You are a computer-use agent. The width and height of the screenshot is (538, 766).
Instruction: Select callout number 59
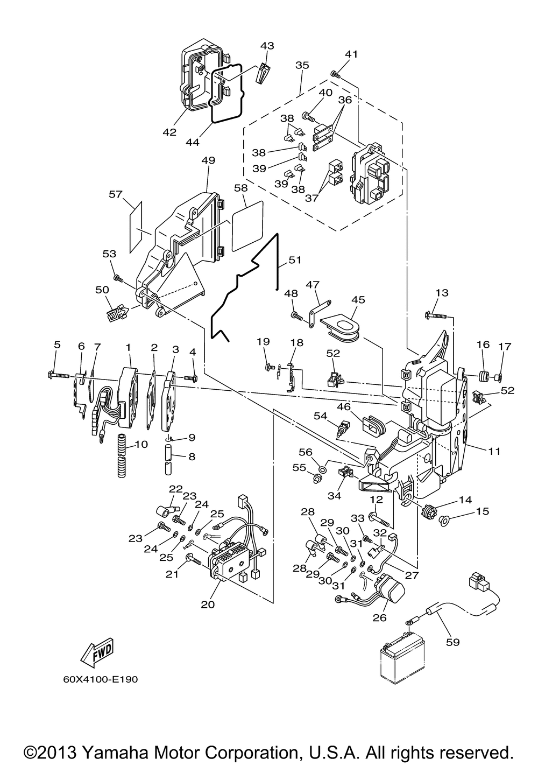(x=453, y=642)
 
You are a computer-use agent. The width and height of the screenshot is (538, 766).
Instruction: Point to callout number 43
(x=267, y=45)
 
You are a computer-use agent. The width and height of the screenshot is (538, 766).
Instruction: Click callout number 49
(x=208, y=160)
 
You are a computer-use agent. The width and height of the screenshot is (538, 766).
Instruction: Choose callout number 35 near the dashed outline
(x=302, y=65)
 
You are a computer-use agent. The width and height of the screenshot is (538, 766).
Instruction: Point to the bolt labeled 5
(x=59, y=375)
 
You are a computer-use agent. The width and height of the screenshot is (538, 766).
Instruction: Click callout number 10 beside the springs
(x=141, y=444)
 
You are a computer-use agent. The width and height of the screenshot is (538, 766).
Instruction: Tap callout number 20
(x=208, y=605)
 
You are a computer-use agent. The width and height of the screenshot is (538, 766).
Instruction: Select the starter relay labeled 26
(x=388, y=589)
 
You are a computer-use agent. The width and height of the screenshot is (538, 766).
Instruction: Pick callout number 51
(x=295, y=260)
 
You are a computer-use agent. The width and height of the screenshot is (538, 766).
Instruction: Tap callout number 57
(x=116, y=194)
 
